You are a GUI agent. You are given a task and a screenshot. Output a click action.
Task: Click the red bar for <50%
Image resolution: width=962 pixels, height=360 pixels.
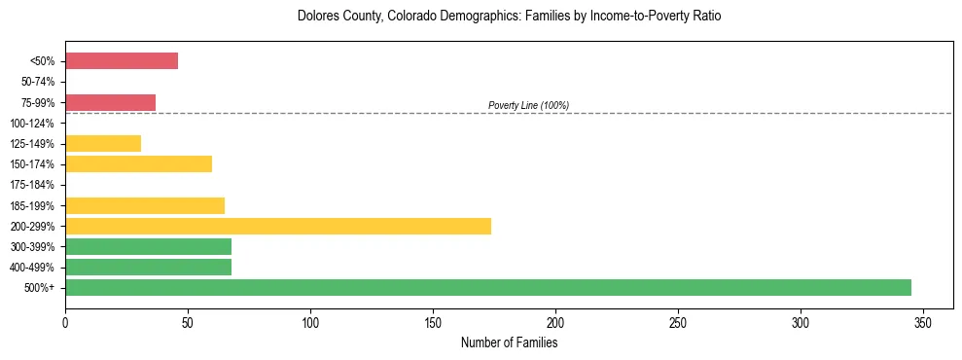tap(122, 61)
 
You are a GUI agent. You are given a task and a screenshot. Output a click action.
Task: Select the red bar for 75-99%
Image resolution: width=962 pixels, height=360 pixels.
tap(110, 102)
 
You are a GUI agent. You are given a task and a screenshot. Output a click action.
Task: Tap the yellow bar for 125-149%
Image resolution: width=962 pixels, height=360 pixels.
tap(103, 144)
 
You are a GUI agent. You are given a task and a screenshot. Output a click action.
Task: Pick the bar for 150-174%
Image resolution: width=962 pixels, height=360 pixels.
tap(138, 164)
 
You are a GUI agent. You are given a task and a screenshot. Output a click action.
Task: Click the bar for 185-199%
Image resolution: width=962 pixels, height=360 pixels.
tap(145, 205)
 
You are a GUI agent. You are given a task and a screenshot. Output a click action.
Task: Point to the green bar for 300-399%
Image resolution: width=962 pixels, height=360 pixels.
tap(148, 246)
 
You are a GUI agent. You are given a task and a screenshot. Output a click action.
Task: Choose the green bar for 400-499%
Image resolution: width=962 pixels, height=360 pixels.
tap(148, 267)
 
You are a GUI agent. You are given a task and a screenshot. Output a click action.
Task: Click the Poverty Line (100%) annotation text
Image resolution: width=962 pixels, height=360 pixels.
tap(528, 105)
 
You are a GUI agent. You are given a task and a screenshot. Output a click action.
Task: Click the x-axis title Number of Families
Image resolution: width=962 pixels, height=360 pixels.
tap(509, 342)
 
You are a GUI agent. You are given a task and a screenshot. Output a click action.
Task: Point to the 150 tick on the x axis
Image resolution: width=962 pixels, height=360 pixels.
tap(433, 322)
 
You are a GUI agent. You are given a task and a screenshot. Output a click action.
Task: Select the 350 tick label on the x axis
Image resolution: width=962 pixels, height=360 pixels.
tap(923, 322)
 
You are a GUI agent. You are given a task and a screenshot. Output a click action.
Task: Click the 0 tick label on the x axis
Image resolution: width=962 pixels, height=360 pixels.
tap(65, 322)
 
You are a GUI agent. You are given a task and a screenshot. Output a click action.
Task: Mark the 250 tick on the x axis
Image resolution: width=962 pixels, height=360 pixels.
tap(678, 322)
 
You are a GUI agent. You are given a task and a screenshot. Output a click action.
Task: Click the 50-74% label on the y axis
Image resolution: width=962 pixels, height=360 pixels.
tap(40, 82)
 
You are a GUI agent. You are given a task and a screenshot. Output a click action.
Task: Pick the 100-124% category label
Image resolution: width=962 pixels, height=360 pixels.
tap(37, 124)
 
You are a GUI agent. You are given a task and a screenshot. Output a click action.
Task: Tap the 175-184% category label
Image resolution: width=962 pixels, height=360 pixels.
tap(37, 185)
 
